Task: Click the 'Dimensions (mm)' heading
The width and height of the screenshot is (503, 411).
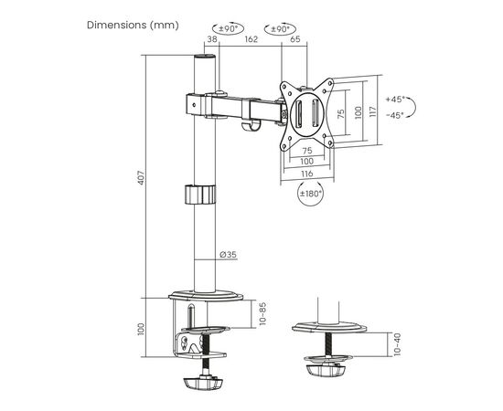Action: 133,25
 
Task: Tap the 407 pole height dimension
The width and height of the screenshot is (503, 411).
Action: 142,178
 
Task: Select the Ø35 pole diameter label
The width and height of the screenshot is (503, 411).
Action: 229,254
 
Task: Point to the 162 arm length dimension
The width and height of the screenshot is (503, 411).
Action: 251,39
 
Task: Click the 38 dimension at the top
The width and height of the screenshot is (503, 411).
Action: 212,39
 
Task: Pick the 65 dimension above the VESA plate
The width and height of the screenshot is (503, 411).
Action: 295,39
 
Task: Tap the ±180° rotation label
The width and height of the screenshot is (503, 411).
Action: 311,194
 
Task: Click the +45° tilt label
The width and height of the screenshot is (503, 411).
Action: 395,100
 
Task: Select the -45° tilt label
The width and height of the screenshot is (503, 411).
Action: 395,115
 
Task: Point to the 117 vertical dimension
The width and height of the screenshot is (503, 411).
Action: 372,111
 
